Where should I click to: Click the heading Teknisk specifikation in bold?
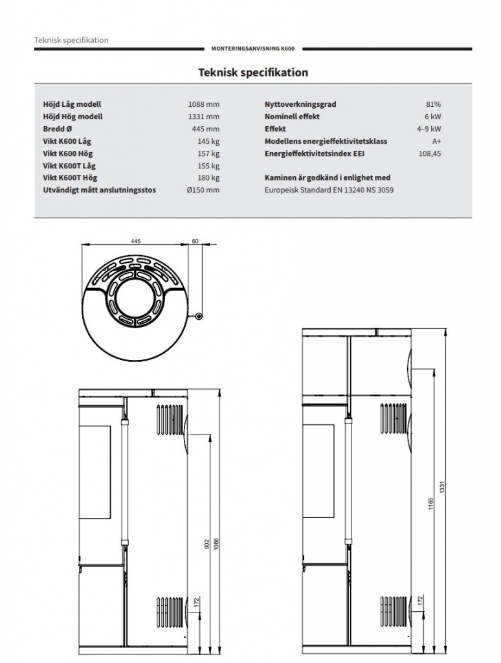252,73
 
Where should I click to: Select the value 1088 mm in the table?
204,104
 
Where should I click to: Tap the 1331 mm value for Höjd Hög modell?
204,117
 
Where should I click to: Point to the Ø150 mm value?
203,190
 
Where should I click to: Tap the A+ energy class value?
436,141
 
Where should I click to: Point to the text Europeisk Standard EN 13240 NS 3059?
329,190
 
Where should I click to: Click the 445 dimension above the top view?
136,240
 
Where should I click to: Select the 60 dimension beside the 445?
195,240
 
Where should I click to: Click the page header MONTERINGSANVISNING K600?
253,49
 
